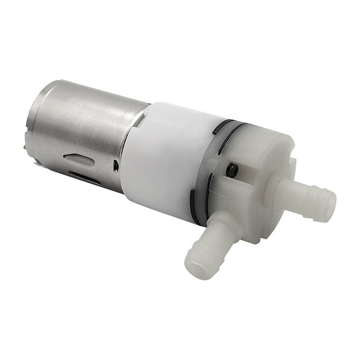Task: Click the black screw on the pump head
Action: tap(233, 169)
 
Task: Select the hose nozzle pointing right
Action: tap(306, 198)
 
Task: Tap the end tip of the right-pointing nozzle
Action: tap(328, 208)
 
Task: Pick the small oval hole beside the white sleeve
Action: tap(116, 166)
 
